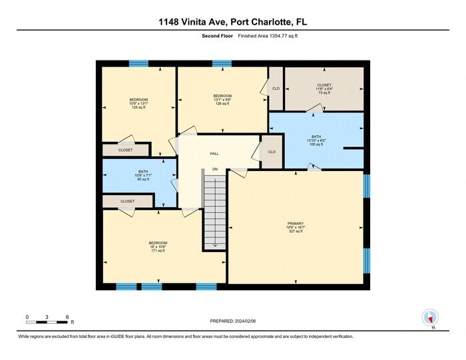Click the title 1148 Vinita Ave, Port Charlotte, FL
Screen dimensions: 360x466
pos(232,23)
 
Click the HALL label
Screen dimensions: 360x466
pos(214,154)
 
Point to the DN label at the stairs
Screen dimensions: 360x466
pos(215,170)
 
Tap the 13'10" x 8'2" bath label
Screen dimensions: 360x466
pos(316,140)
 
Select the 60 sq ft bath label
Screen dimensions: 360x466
pos(143,180)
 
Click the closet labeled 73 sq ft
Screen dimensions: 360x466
pos(324,89)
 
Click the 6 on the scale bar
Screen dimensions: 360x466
pos(67,317)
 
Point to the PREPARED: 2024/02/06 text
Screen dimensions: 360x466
pos(233,321)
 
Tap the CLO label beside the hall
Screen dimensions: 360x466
pos(272,151)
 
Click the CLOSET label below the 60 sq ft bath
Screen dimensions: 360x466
pos(128,201)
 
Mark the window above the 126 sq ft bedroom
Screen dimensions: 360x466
pos(222,64)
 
